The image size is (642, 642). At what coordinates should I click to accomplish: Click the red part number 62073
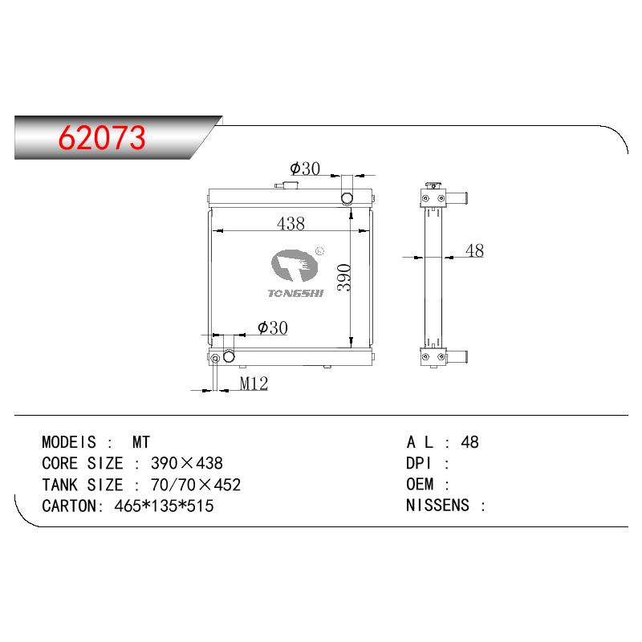click(x=102, y=137)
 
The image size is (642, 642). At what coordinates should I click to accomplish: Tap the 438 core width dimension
click(x=291, y=224)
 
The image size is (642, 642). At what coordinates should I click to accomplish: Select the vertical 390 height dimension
click(x=344, y=278)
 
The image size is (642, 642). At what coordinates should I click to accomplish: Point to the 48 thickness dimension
click(x=474, y=250)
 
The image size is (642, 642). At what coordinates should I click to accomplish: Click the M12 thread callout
click(x=254, y=384)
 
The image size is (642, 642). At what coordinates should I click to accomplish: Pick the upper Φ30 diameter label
click(x=305, y=169)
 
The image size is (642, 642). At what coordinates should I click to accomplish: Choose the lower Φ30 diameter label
click(x=273, y=327)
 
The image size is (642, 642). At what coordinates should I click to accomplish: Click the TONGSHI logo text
click(x=295, y=293)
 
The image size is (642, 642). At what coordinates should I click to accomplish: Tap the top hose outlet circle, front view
click(x=347, y=198)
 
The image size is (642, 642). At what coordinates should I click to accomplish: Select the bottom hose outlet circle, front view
click(x=229, y=356)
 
